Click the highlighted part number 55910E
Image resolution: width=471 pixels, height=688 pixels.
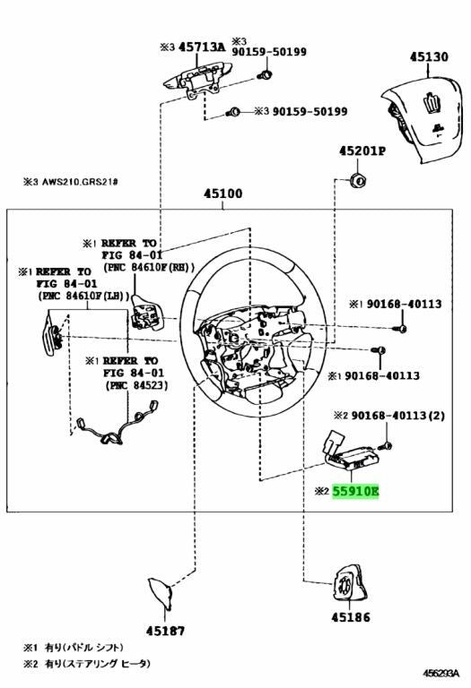tap(355, 491)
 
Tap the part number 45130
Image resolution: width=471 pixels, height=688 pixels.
tap(429, 56)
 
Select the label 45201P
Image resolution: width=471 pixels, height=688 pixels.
tap(362, 150)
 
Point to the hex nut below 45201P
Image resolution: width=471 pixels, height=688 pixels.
tap(357, 179)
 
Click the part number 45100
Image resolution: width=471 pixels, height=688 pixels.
tap(222, 193)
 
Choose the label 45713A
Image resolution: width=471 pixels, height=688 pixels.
tap(201, 47)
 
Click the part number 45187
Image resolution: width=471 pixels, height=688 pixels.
tap(165, 631)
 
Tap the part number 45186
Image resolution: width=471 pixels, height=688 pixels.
tap(351, 617)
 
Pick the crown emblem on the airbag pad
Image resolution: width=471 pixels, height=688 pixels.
tap(429, 104)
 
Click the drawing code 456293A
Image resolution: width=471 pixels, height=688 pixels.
tap(440, 673)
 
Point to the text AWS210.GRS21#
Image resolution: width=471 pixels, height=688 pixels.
tap(80, 181)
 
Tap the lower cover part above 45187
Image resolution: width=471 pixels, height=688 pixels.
tap(161, 592)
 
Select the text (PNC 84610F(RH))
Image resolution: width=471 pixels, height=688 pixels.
tap(149, 267)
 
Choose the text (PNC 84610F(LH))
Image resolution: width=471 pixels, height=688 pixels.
tap(83, 296)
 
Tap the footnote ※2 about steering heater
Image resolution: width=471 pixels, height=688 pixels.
tap(86, 663)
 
